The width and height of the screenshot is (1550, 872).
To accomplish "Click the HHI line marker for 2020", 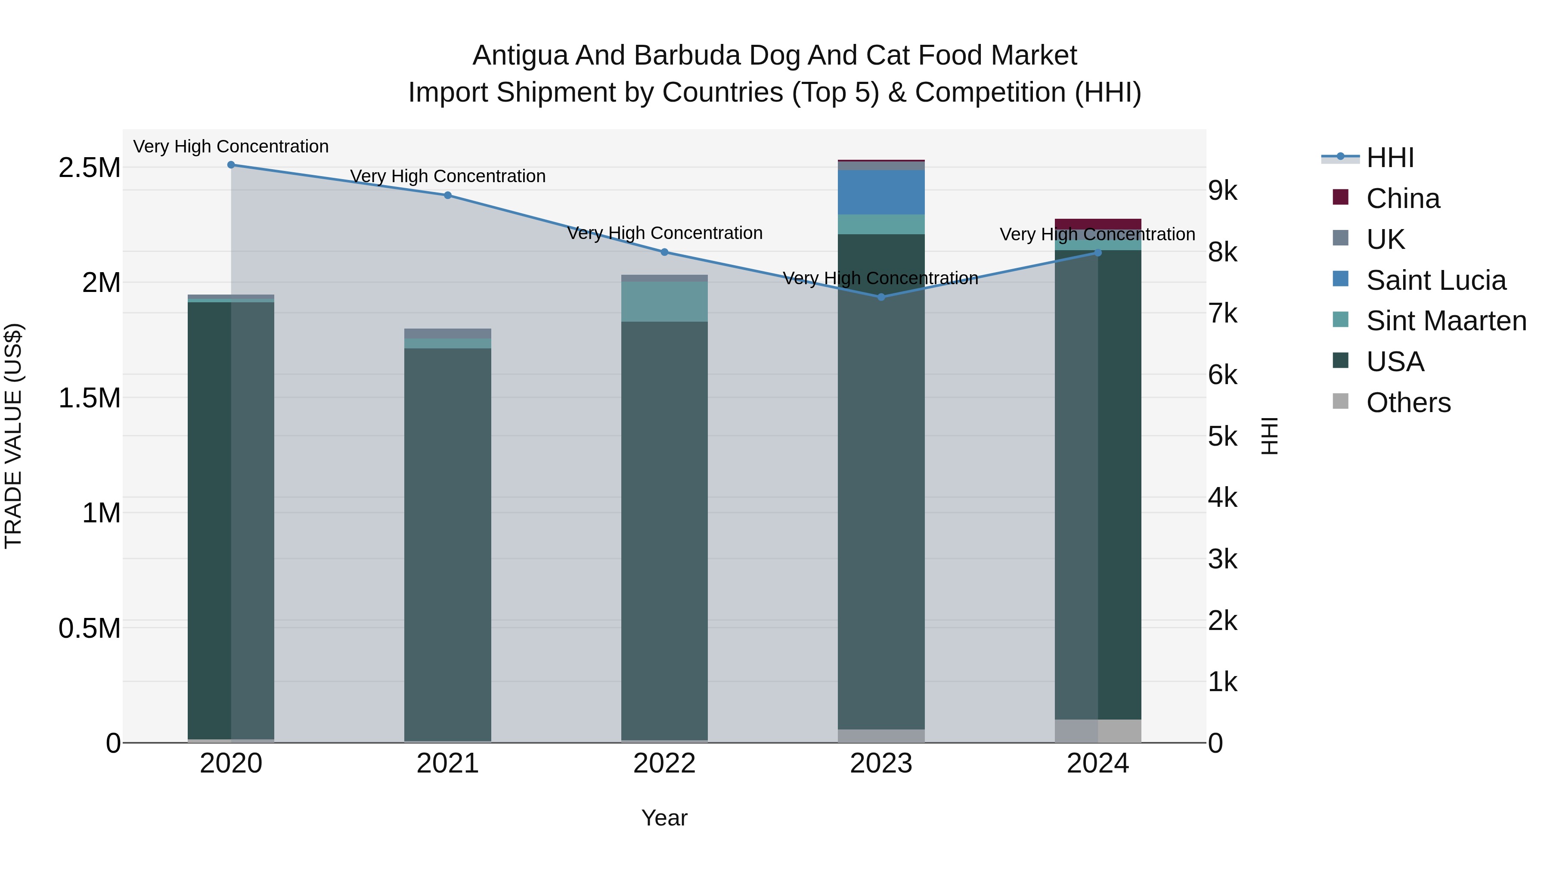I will [231, 165].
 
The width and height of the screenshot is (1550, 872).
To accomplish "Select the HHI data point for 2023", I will [881, 297].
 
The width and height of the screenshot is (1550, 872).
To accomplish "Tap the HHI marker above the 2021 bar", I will [448, 195].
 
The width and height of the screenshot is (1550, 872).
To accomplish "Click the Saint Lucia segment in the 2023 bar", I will [881, 192].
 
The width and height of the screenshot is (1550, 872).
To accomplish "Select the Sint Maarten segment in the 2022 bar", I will [664, 301].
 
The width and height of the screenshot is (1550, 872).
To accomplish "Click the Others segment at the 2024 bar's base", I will [1097, 731].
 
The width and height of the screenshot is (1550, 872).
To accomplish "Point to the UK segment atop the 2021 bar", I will [448, 333].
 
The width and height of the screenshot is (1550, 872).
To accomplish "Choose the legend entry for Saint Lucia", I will [1435, 280].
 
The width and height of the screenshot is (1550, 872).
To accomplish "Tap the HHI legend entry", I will [1389, 158].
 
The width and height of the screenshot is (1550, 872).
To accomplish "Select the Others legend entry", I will [1408, 403].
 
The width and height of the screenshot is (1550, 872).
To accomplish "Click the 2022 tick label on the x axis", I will [664, 763].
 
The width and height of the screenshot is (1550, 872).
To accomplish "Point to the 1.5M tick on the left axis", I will [89, 398].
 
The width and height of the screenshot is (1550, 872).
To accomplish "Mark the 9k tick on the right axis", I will [1222, 191].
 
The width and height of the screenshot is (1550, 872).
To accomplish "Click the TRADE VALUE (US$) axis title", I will [13, 436].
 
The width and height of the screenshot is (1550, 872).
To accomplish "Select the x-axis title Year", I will [664, 818].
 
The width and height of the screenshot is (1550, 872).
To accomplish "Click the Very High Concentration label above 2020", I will [231, 146].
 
